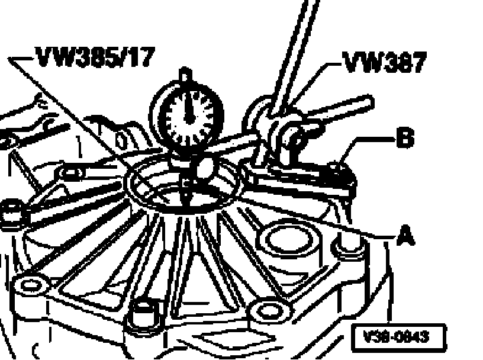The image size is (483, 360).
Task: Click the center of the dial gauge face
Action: coord(186,112)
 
